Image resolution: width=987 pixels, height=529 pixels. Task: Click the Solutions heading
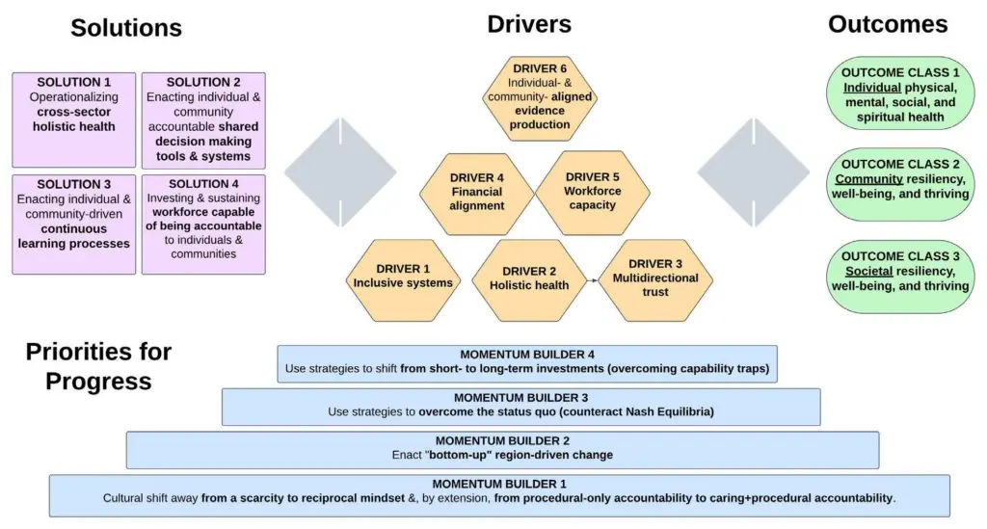coord(125,28)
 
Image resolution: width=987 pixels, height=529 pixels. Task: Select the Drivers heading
coord(529,24)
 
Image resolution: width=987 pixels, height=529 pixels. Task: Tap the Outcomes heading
coord(888,24)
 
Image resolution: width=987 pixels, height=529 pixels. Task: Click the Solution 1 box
coord(73,119)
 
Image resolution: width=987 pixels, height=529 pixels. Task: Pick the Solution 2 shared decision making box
coord(203,119)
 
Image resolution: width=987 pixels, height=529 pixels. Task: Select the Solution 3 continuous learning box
coord(73,224)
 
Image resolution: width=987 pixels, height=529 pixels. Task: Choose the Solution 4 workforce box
coord(203,224)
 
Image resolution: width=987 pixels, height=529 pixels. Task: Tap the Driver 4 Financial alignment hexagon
coord(476,191)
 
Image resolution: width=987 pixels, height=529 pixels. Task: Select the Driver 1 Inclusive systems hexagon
coord(403,278)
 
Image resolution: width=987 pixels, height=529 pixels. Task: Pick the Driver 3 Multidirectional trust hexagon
coord(655,278)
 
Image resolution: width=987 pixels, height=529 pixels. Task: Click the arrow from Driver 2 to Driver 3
coord(589,284)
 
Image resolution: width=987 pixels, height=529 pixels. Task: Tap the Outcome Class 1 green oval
coord(900,95)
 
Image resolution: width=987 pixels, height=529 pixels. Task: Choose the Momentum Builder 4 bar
coord(527,362)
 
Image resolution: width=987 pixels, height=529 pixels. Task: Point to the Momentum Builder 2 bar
coord(502,449)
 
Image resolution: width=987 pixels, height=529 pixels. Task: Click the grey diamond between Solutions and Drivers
coord(340,173)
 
